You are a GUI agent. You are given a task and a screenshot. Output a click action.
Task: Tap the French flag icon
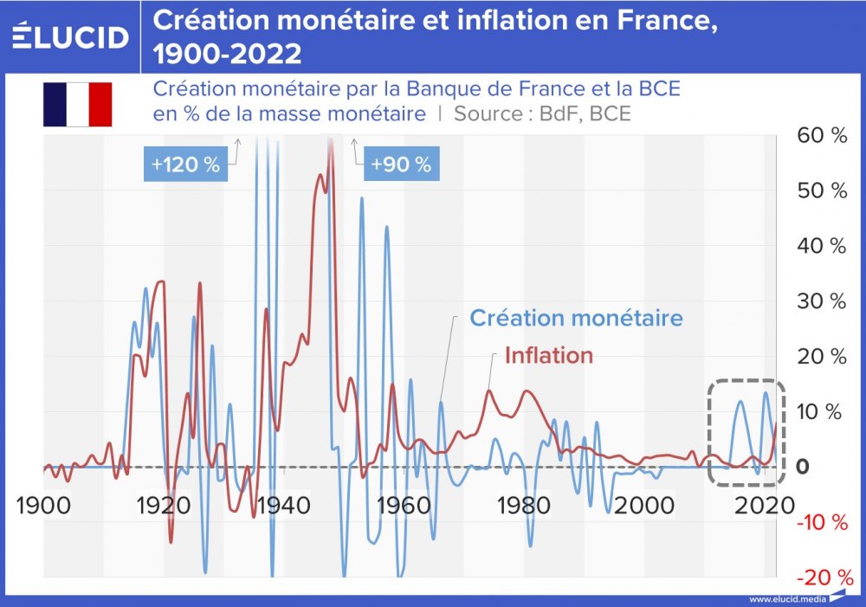tap(78, 105)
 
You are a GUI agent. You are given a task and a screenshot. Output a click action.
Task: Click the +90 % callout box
tap(400, 165)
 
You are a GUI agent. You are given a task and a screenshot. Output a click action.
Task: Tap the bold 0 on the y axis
tap(803, 467)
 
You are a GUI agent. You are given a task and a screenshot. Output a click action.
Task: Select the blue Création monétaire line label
tap(576, 318)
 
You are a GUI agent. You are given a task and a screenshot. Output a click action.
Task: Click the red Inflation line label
tap(549, 355)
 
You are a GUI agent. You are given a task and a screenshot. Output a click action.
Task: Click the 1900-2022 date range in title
tap(228, 54)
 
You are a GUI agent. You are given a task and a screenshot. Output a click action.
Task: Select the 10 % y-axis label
tap(819, 411)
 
